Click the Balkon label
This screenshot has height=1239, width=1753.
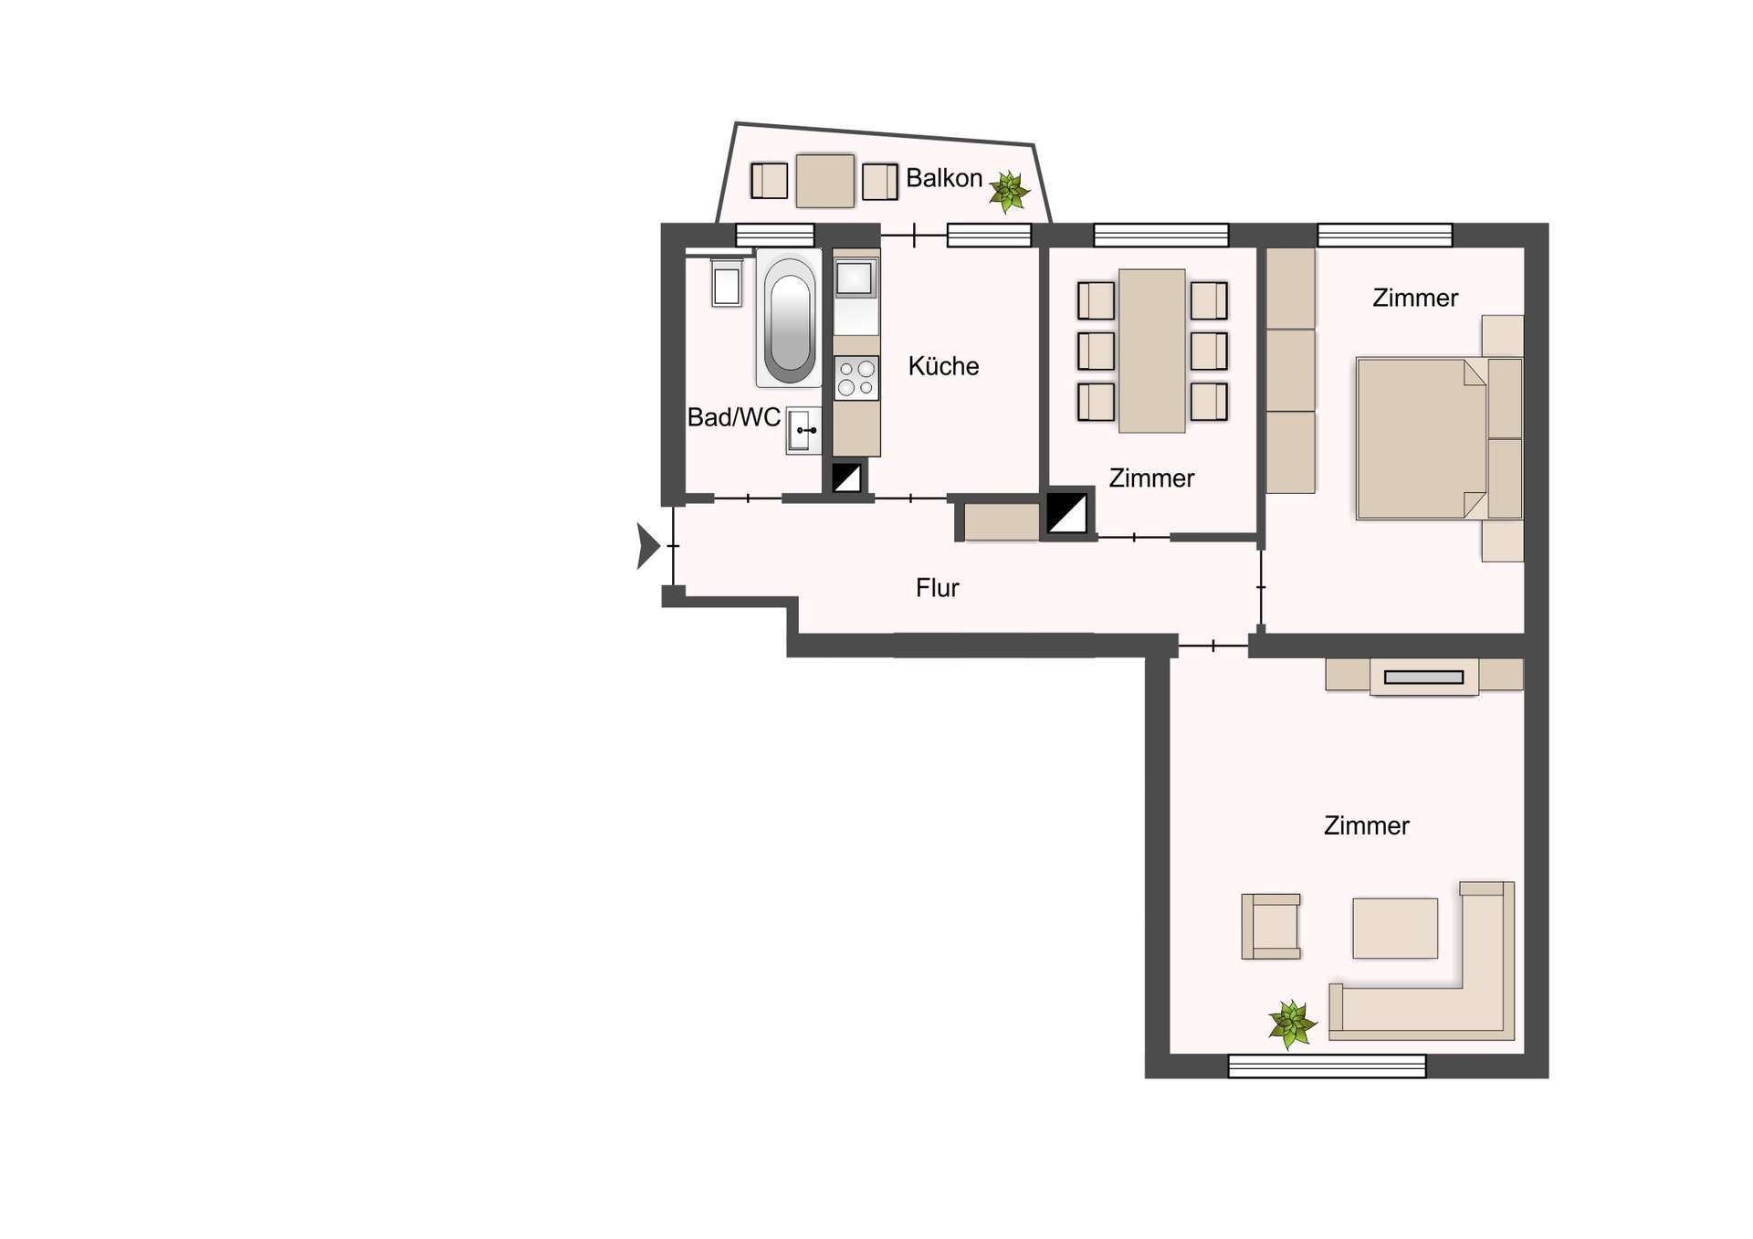[x=943, y=178]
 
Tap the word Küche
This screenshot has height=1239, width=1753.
[x=943, y=366]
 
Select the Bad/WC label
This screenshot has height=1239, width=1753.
[x=733, y=417]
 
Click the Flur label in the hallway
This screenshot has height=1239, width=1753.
[x=937, y=588]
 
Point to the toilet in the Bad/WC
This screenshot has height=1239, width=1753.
[x=727, y=283]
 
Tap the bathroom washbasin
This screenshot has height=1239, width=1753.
[x=803, y=430]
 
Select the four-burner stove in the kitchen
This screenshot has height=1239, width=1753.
[x=856, y=378]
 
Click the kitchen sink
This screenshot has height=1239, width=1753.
[x=855, y=278]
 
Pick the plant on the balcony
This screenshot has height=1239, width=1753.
[x=1009, y=192]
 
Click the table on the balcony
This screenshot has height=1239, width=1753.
[x=825, y=181]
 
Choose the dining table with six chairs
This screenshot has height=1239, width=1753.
[x=1152, y=351]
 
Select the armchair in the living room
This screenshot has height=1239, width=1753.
[x=1271, y=927]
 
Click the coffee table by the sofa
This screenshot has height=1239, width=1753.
[x=1395, y=929]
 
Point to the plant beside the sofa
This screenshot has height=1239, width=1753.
[x=1292, y=1024]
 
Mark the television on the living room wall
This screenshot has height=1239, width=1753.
[x=1423, y=677]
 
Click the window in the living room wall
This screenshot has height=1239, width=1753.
[x=1327, y=1066]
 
